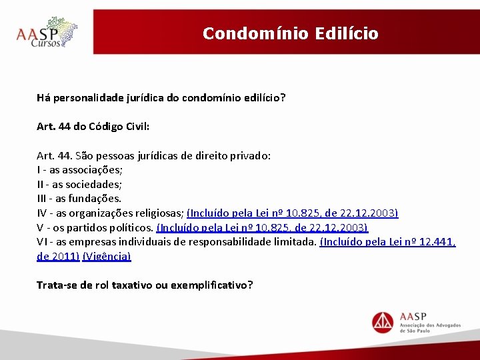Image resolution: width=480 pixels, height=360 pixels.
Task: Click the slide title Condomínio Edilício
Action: (x=290, y=33)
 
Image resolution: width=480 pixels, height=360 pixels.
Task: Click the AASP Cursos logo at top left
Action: (x=47, y=33)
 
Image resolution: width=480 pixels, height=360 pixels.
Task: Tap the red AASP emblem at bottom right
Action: (x=383, y=323)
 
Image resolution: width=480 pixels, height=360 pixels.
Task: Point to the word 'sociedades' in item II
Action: (x=93, y=184)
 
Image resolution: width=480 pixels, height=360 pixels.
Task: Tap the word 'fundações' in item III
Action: (x=94, y=199)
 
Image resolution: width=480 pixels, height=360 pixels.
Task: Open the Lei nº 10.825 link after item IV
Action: (x=293, y=213)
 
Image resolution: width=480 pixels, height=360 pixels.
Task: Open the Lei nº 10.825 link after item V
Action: (x=262, y=227)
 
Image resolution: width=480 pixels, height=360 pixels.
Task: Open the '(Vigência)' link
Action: (x=107, y=256)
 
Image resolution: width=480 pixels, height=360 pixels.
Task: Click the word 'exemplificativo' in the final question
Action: (x=211, y=285)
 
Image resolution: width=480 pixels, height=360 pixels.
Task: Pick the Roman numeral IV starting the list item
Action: (x=42, y=213)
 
